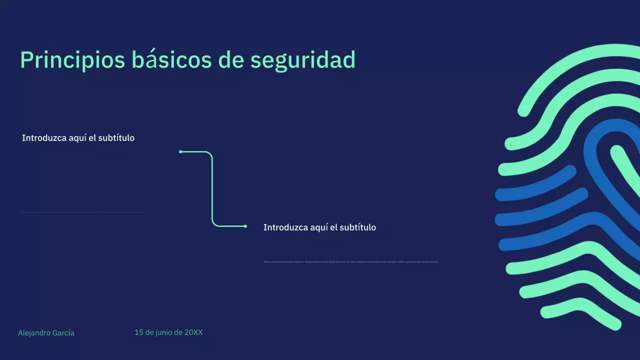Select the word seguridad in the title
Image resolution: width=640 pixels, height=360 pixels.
click(x=302, y=60)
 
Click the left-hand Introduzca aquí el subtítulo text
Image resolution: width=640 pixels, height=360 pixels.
click(x=78, y=138)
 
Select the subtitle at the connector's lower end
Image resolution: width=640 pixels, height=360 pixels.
click(x=319, y=227)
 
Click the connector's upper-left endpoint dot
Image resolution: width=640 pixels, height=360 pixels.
click(x=180, y=151)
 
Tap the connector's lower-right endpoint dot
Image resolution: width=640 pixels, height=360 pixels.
click(x=245, y=226)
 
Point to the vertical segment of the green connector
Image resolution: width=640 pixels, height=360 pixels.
click(x=212, y=190)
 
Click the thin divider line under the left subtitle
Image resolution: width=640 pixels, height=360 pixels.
click(x=82, y=212)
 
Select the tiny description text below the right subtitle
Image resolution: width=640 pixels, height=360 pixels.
click(x=350, y=261)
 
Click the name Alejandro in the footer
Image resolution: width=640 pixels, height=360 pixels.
click(x=34, y=333)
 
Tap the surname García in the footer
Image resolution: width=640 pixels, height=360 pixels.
click(x=63, y=333)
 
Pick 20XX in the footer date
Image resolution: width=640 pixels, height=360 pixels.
click(x=193, y=332)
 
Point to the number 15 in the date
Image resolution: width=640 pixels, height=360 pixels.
click(x=138, y=332)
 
